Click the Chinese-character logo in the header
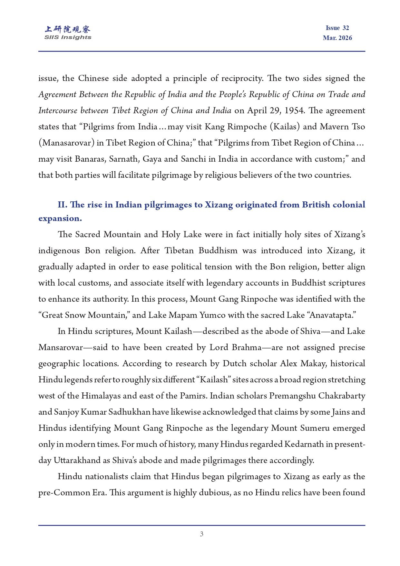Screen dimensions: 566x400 68,29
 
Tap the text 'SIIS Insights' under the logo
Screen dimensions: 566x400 68,37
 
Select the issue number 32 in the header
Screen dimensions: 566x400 346,28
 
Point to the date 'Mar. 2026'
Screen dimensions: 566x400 337,38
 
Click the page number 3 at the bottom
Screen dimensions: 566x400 201,534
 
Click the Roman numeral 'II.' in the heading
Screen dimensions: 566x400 63,205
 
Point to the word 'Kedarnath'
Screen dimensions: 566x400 304,444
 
